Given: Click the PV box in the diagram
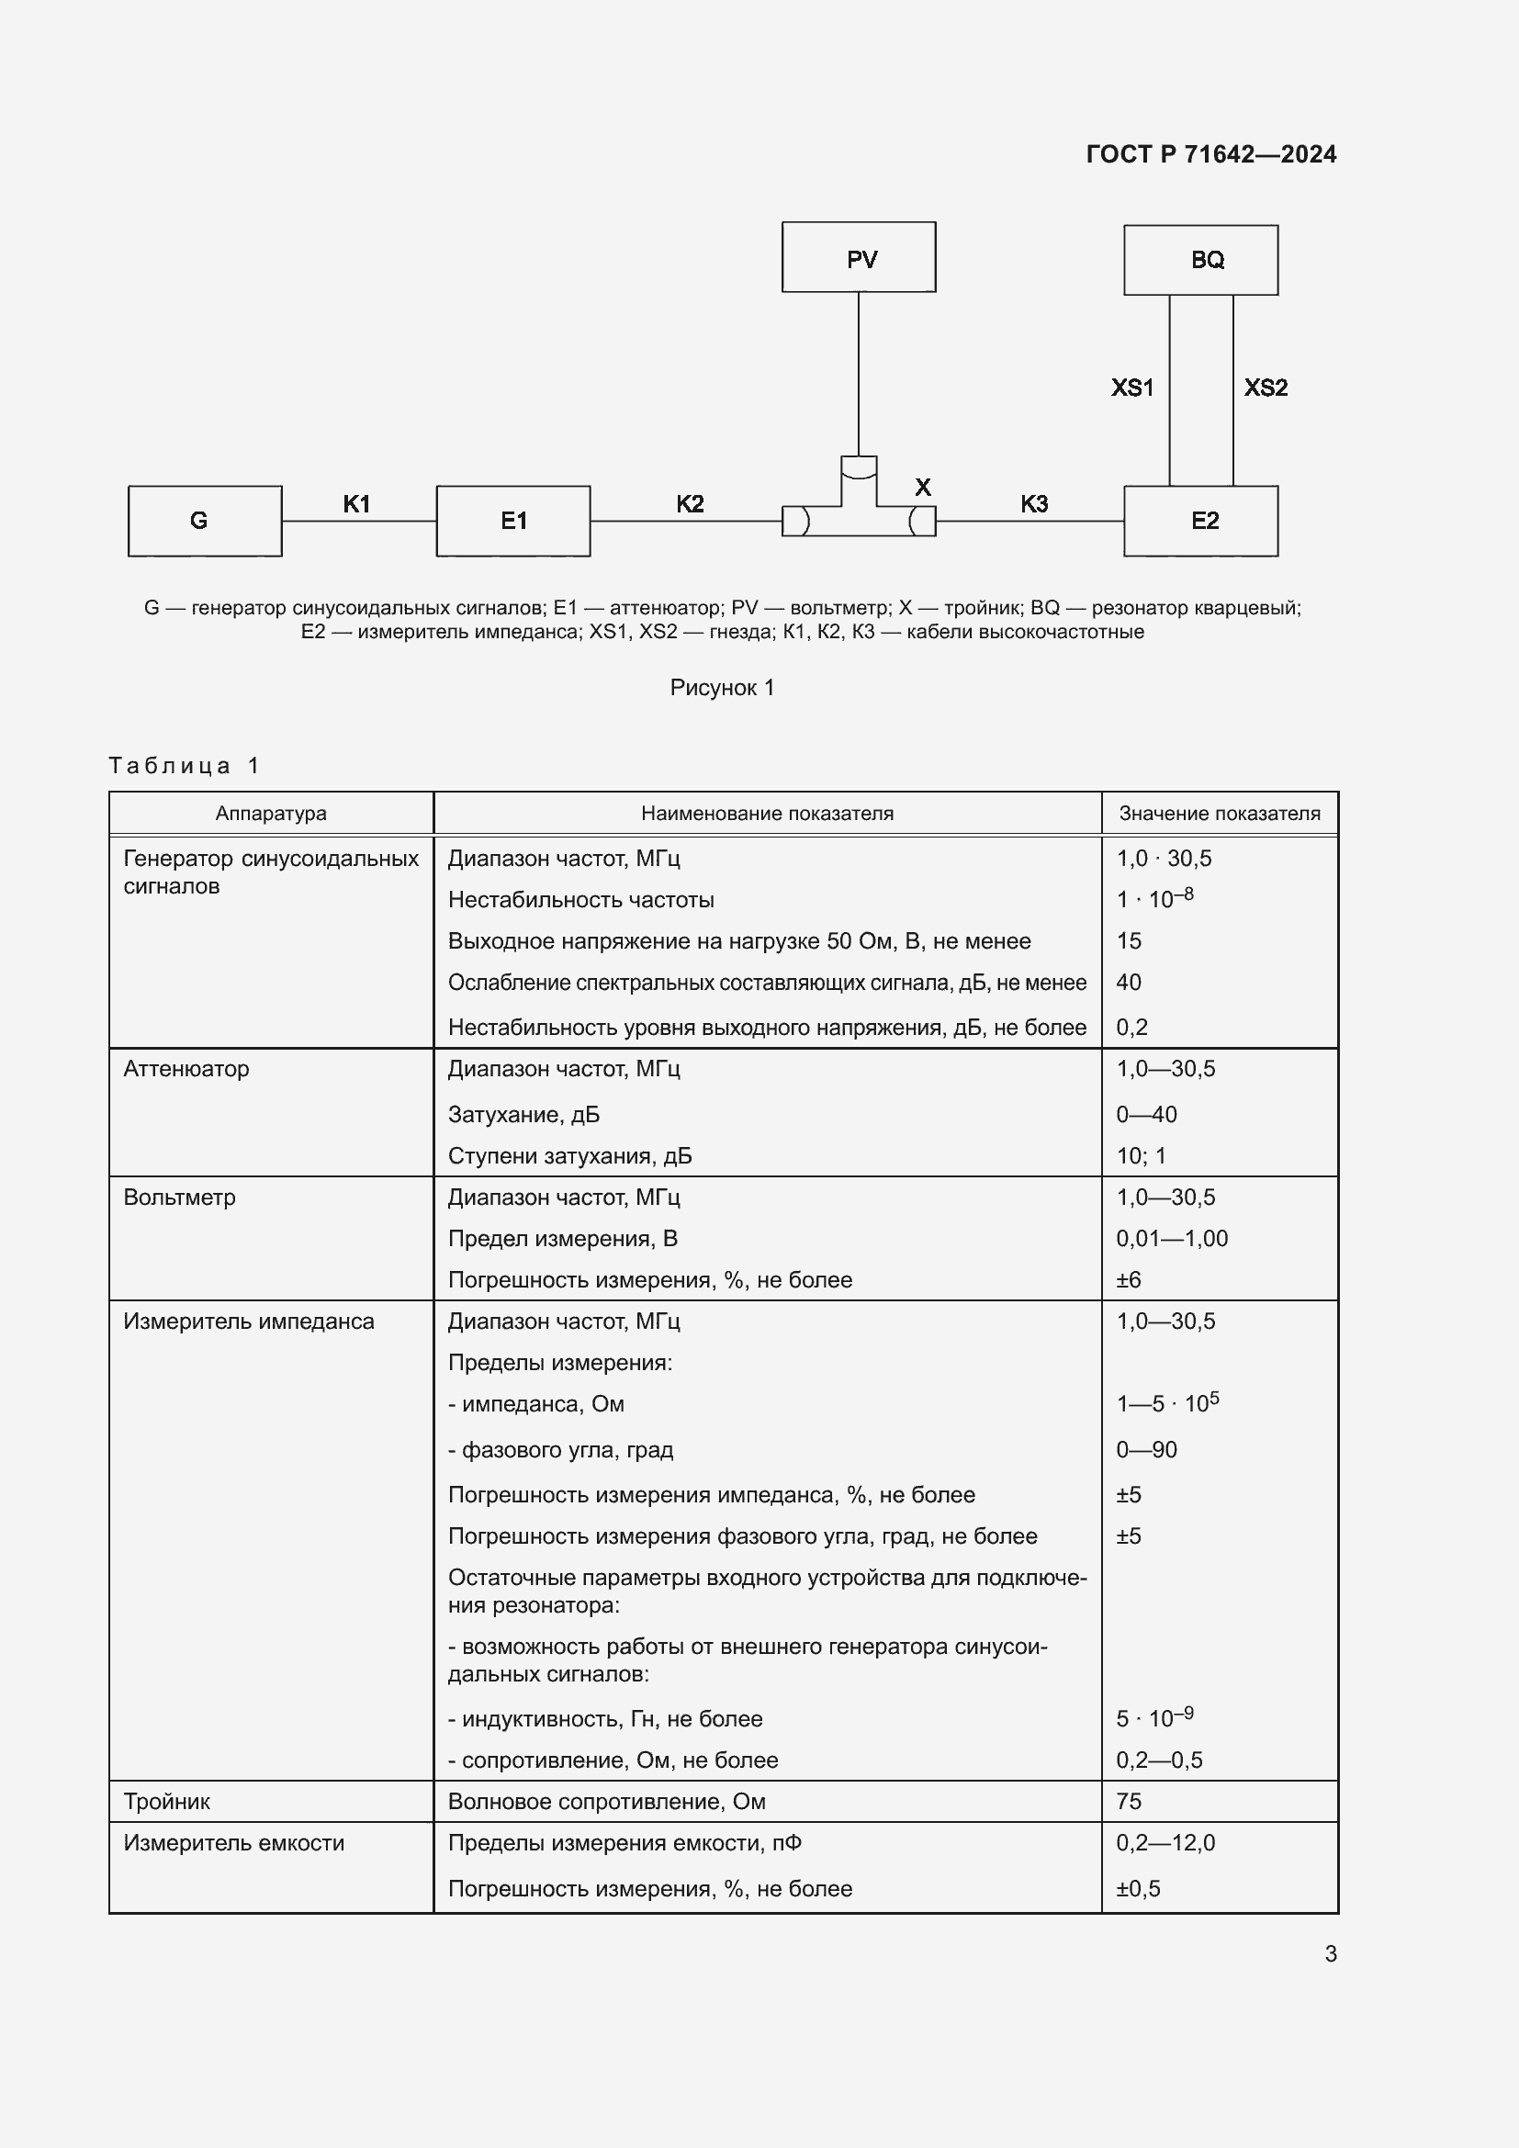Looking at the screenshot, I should pyautogui.click(x=859, y=257).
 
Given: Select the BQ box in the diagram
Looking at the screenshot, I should pyautogui.click(x=1200, y=260).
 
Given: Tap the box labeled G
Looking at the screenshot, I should pyautogui.click(x=205, y=521).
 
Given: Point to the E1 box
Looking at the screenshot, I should pyautogui.click(x=512, y=521).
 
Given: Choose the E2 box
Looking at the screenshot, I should pyautogui.click(x=1200, y=521).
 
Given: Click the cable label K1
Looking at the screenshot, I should pyautogui.click(x=356, y=504).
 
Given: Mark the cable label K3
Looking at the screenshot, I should pyautogui.click(x=1033, y=504).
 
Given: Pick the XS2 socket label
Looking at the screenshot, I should pyautogui.click(x=1265, y=388).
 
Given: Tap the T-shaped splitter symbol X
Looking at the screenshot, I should pyautogui.click(x=859, y=510).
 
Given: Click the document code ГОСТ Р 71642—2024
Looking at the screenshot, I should pyautogui.click(x=1210, y=154).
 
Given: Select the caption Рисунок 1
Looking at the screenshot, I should pyautogui.click(x=722, y=688).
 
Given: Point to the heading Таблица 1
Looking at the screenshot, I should pyautogui.click(x=184, y=765).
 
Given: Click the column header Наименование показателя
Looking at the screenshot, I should pyautogui.click(x=767, y=813).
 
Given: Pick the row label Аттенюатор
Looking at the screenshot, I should pyautogui.click(x=186, y=1068).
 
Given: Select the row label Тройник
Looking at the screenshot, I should pyautogui.click(x=166, y=1801).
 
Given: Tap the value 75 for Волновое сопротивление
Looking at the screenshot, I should pyautogui.click(x=1128, y=1801).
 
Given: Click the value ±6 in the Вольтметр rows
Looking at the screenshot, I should pyautogui.click(x=1128, y=1279).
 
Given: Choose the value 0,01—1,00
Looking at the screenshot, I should pyautogui.click(x=1171, y=1238).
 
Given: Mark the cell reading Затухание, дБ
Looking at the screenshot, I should pyautogui.click(x=523, y=1114).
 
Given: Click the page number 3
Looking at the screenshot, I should pyautogui.click(x=1330, y=1953).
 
